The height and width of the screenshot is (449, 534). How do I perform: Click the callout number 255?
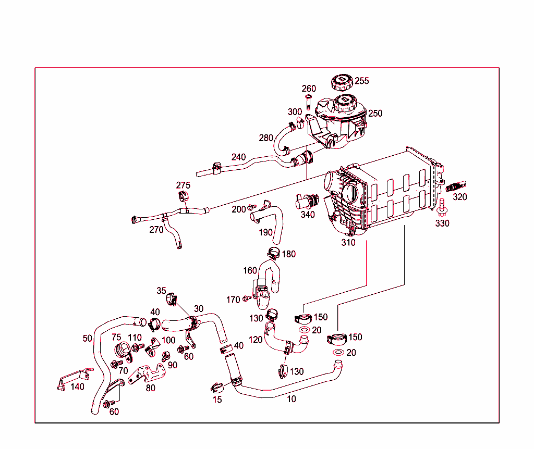362,81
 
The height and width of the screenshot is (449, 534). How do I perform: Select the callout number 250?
375,113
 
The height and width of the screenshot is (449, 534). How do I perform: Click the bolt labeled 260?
308,101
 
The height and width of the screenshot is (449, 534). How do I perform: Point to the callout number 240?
238,157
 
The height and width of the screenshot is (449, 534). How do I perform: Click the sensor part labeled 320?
456,186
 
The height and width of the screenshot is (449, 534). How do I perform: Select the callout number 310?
348,242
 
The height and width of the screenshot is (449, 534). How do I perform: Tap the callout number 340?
308,214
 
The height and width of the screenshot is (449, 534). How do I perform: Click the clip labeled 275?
184,197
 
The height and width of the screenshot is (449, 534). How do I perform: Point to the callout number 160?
250,270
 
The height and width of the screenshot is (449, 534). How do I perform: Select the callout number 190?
265,232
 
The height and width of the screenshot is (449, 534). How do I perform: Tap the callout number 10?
292,399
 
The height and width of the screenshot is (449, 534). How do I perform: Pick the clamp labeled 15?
217,388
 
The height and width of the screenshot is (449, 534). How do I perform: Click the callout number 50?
87,338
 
